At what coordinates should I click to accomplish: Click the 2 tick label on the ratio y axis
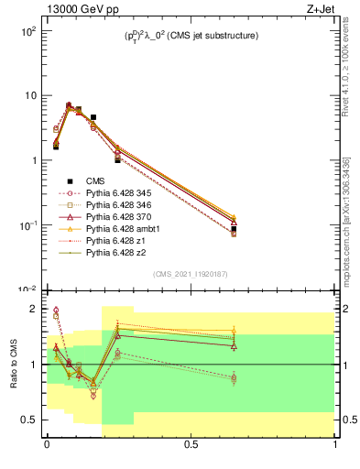[32, 309]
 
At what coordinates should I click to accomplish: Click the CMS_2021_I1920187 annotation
[191, 274]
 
